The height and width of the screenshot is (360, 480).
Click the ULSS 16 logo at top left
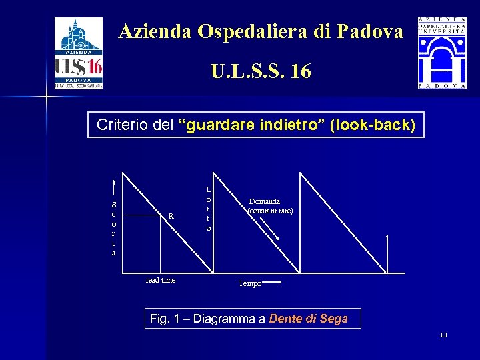[x=78, y=53]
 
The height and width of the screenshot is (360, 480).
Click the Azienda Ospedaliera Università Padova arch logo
[x=442, y=53]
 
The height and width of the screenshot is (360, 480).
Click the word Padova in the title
[x=371, y=31]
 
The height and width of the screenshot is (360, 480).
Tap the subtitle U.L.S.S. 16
[x=261, y=71]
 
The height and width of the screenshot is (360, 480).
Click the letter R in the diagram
[x=171, y=215]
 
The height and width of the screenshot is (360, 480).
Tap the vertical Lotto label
[x=209, y=209]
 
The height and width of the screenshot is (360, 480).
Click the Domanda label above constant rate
[x=265, y=201]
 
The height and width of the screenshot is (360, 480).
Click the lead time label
[x=161, y=280]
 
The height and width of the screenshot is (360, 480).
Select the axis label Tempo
[x=250, y=283]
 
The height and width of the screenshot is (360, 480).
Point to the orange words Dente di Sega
[x=309, y=319]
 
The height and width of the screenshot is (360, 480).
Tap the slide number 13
[x=443, y=334]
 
